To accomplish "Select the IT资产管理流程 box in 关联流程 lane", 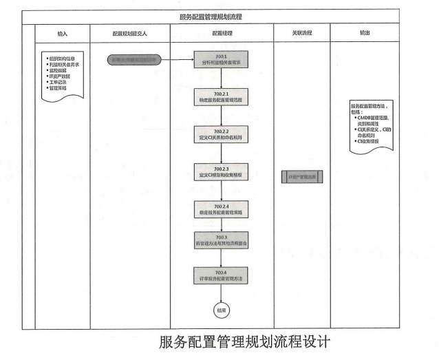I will click(x=301, y=178).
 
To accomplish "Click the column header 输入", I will click(x=62, y=33).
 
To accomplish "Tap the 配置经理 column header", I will click(x=221, y=33).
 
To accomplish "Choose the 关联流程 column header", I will click(x=301, y=33).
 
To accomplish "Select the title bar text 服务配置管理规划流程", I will click(x=219, y=16).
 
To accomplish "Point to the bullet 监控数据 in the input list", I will click(x=60, y=71).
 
